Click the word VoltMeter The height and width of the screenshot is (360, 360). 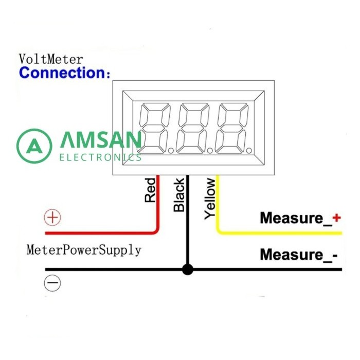(x=50, y=59)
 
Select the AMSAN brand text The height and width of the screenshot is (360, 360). (x=100, y=140)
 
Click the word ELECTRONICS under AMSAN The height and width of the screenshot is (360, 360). (x=100, y=157)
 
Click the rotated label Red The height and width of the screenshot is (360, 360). (x=150, y=190)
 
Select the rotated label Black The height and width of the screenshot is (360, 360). (x=179, y=195)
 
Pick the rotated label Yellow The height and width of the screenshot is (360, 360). (x=210, y=199)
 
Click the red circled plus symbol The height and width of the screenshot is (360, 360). (x=52, y=218)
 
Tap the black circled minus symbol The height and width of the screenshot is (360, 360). (x=52, y=283)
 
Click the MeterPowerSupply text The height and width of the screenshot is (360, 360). (x=84, y=250)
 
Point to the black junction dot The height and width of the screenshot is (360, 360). (x=188, y=269)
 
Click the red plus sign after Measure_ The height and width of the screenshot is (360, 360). (x=336, y=218)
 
